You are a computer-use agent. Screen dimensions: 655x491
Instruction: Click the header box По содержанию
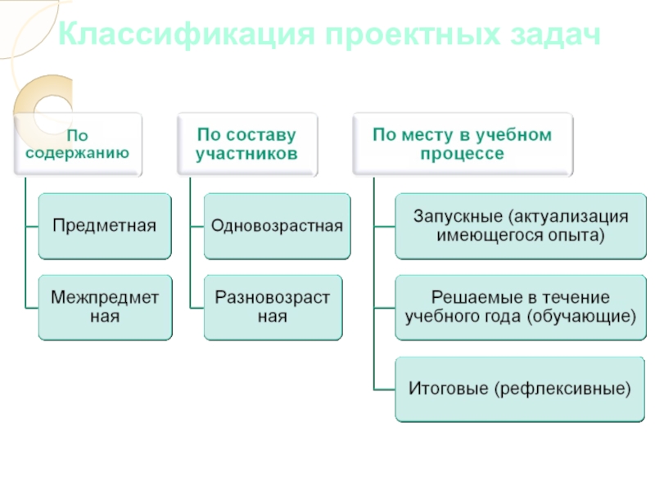coord(77,143)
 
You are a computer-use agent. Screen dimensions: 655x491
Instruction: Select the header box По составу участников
coord(246,143)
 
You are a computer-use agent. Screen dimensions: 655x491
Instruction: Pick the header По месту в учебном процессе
coord(462,143)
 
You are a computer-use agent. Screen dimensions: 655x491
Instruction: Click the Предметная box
coord(105,225)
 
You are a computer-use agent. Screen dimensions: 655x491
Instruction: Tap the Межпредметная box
coord(105,306)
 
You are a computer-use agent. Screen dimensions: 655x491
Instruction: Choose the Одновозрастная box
coord(277,225)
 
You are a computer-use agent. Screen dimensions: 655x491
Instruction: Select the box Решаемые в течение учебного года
coord(520,306)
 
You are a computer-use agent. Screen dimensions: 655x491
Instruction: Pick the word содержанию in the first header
coord(77,152)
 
